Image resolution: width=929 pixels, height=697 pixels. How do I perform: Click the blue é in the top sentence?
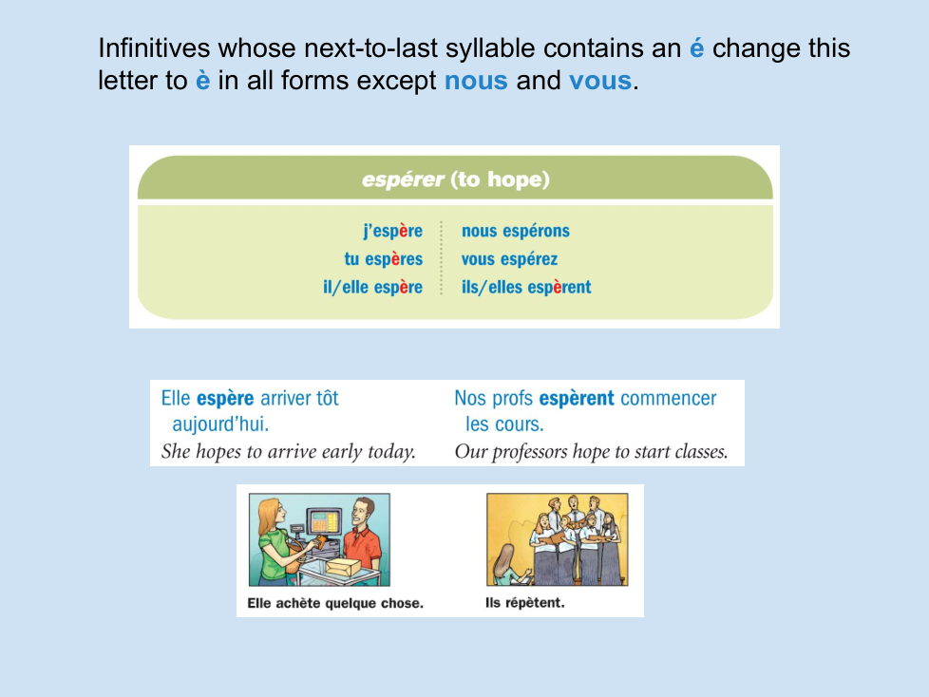tap(697, 48)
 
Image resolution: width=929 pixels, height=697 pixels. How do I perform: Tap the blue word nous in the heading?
tap(476, 81)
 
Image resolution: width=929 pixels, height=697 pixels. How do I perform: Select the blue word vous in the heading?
tap(600, 81)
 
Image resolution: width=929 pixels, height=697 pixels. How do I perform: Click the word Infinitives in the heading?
tap(154, 48)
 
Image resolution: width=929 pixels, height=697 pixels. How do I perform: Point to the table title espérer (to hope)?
tap(456, 179)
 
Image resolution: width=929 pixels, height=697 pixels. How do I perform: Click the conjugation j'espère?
tap(393, 231)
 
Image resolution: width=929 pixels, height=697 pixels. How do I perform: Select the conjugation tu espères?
tap(384, 259)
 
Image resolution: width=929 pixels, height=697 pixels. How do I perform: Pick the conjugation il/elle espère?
tap(372, 287)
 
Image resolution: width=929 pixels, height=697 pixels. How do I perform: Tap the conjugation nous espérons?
tap(516, 231)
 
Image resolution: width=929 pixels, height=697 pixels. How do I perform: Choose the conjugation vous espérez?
tap(509, 259)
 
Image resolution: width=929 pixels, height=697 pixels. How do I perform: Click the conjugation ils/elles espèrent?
tap(526, 287)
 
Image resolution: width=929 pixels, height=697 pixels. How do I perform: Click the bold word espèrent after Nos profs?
tap(577, 399)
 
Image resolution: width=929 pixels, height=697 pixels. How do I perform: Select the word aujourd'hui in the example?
tap(220, 424)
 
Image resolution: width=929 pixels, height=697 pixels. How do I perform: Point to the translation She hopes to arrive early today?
tap(289, 452)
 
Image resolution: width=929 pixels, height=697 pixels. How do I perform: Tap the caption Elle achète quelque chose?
tap(335, 603)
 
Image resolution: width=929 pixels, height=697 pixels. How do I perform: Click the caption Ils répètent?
tap(525, 603)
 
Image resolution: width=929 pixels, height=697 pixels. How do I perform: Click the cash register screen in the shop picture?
tap(324, 522)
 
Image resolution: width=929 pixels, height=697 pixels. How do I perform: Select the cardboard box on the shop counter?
tap(343, 567)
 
